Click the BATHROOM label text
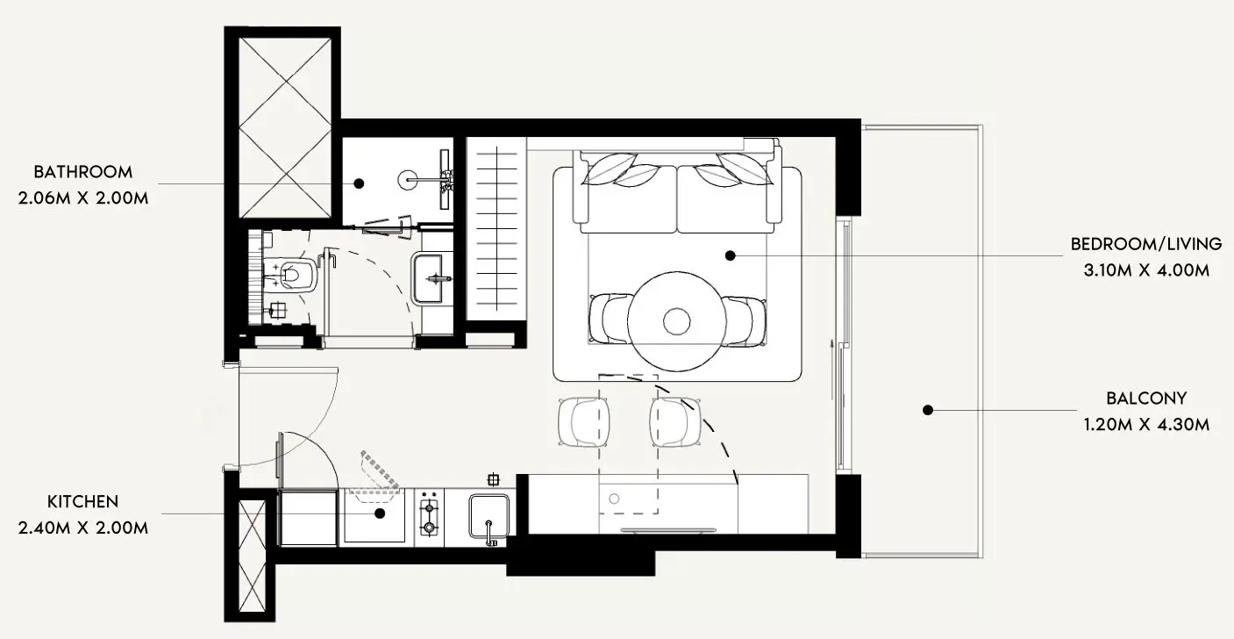coord(83,172)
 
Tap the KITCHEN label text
coord(82,502)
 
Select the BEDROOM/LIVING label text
coord(1146,244)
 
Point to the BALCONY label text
coord(1146,398)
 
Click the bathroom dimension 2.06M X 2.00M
coord(83,197)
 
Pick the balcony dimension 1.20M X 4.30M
coord(1146,425)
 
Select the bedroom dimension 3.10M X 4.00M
coord(1146,270)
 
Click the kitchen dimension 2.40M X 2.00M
coord(83,528)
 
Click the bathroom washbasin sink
coord(432,278)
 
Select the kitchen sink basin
coord(489,517)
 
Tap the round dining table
coord(676,321)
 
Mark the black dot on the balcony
coord(928,410)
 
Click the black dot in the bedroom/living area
coord(731,255)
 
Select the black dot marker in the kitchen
coord(380,513)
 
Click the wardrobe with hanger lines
coord(496,229)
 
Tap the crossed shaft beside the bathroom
coord(285,128)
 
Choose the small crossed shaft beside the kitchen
coord(253,556)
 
